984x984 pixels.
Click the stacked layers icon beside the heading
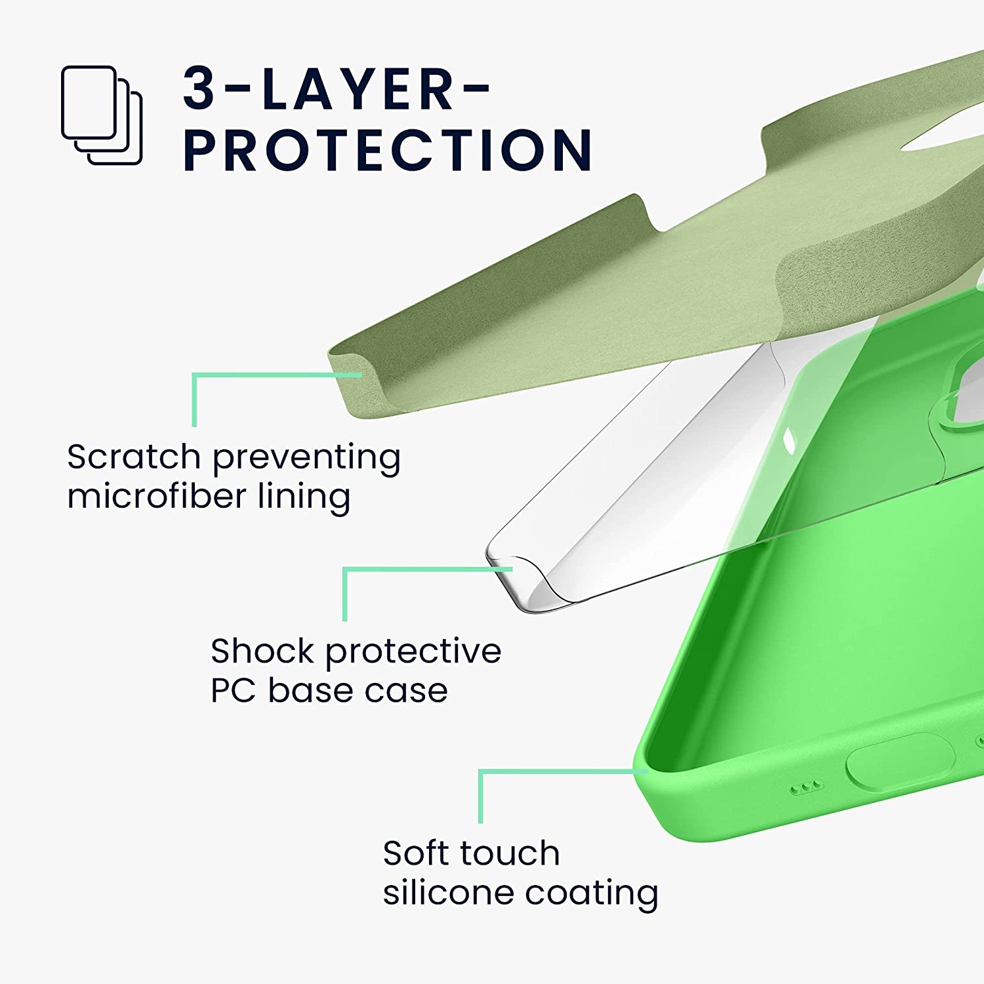(102, 115)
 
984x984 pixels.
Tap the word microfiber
(157, 496)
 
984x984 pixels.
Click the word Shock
(262, 651)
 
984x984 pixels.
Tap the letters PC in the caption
(233, 691)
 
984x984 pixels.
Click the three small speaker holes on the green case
(804, 787)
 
